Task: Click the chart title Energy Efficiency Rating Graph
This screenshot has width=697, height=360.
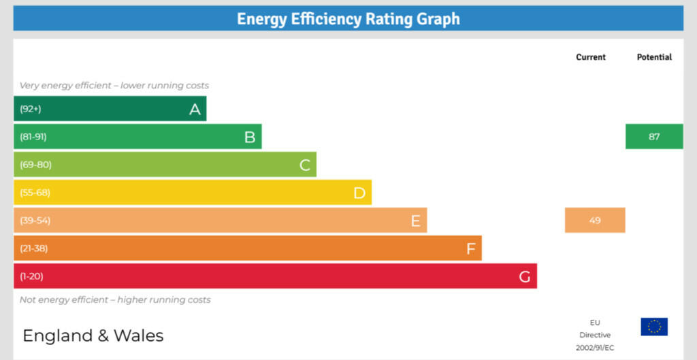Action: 348,18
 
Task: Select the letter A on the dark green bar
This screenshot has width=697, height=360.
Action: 195,109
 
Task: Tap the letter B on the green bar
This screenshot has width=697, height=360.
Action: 250,137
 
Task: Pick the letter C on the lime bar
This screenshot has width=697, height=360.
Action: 305,165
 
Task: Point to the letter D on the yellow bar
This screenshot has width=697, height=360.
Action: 359,193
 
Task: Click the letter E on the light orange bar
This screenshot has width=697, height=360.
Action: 415,220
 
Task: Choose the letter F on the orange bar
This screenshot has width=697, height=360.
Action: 470,248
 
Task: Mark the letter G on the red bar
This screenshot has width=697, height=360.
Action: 525,276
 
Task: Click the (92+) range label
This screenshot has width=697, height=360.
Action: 31,109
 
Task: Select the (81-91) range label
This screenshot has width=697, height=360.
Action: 33,137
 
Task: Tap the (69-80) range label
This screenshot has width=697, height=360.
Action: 35,165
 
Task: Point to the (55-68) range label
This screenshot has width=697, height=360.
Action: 35,193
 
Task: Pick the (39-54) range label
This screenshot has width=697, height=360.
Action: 35,220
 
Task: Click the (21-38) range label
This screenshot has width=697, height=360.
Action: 34,248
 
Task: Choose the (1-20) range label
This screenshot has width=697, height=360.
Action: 31,276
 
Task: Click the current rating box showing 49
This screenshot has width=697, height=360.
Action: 595,220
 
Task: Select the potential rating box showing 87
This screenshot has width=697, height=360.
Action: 654,137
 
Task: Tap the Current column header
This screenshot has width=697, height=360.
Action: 591,57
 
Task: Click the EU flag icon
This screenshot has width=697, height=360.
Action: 654,327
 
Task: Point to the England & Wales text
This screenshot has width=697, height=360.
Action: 93,336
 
